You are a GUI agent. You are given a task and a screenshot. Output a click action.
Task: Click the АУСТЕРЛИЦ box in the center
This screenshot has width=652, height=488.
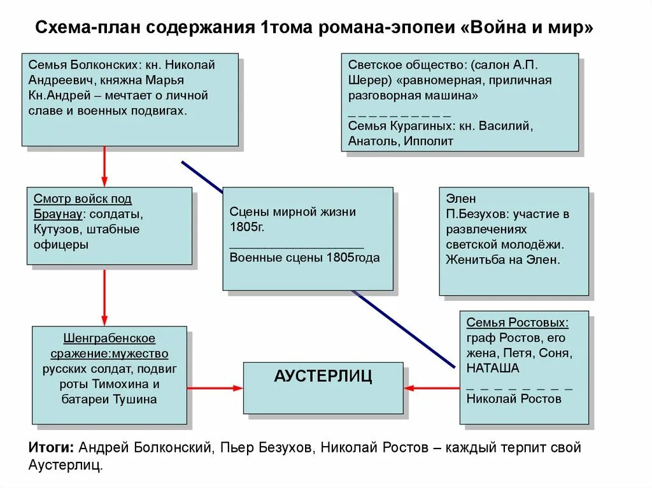323,387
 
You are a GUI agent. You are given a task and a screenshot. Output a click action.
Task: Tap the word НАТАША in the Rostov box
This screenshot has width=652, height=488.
492,368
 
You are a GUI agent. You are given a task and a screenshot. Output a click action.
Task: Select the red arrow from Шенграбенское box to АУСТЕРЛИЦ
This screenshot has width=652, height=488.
215,387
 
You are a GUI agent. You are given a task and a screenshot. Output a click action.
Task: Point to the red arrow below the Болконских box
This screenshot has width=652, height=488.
104,166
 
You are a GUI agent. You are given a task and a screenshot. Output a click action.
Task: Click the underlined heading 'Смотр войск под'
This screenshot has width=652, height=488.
83,199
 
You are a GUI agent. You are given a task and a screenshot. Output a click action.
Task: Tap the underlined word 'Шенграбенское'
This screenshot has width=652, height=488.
110,338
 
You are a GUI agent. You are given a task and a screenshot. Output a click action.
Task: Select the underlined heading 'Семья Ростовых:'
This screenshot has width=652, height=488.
517,323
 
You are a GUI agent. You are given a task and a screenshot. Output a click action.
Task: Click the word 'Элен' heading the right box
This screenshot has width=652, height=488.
460,199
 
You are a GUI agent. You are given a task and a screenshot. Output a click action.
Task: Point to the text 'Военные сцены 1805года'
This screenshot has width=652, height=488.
304,258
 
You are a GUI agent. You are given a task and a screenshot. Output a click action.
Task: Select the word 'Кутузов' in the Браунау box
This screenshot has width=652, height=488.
56,229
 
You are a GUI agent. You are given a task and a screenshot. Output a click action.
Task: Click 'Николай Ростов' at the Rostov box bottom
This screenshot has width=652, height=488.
514,399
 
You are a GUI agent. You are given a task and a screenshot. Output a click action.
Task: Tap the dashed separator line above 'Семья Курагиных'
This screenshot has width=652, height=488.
399,115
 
